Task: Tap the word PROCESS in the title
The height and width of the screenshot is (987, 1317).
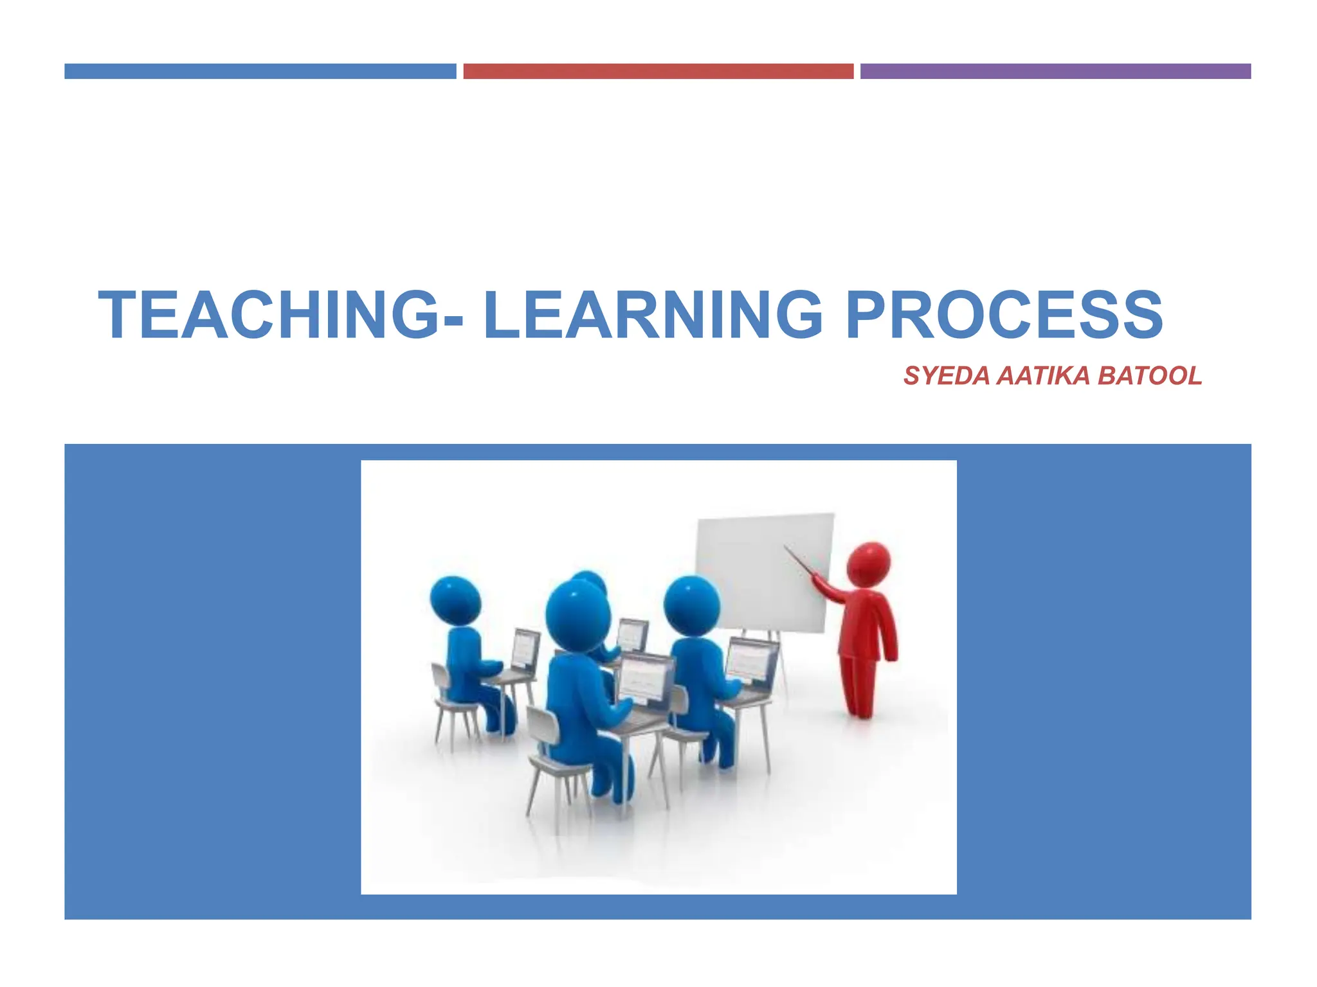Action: coord(1004,314)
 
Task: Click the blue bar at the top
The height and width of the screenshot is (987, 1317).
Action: coord(260,71)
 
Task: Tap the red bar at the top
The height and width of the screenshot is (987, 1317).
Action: coord(658,71)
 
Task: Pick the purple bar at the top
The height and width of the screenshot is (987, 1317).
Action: coord(1055,71)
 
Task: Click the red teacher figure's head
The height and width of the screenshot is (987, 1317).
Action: coord(868,564)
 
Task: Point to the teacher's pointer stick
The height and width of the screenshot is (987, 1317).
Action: coord(800,560)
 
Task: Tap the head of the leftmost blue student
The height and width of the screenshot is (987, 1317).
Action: coord(455,600)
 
